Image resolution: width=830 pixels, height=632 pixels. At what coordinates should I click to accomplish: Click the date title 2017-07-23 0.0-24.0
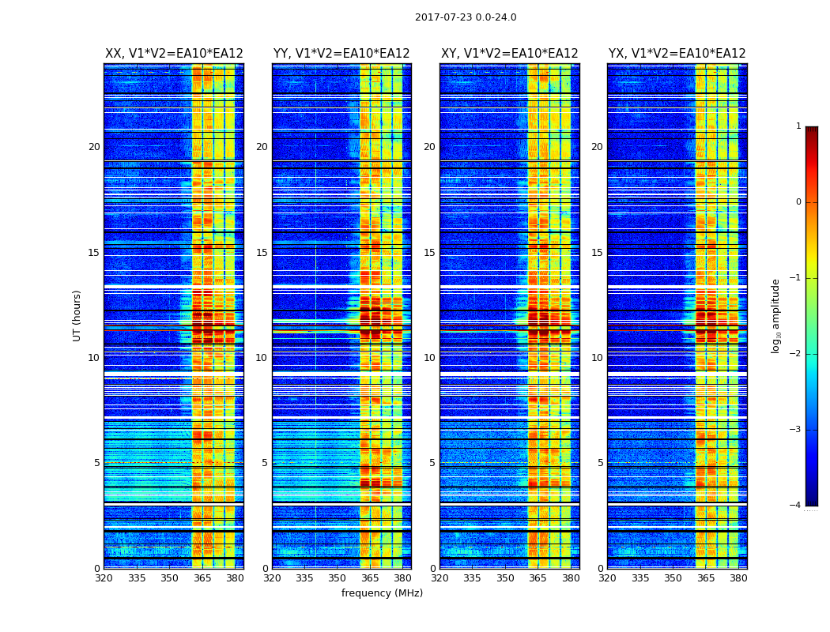(466, 17)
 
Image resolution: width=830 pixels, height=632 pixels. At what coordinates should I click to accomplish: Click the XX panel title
(174, 54)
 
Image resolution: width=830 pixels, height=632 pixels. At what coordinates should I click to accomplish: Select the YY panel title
(341, 54)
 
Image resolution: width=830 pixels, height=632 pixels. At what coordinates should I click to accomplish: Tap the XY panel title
(509, 54)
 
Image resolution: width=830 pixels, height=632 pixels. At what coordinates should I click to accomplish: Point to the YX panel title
(677, 54)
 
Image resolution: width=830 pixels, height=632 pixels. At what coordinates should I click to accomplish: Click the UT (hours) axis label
(77, 315)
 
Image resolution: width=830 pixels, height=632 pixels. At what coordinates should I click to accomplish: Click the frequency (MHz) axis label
(382, 593)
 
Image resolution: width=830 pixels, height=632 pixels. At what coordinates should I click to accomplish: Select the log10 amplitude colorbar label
(776, 315)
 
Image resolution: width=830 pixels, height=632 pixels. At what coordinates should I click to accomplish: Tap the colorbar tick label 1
(798, 126)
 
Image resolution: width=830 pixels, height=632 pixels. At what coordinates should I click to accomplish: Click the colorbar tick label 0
(798, 202)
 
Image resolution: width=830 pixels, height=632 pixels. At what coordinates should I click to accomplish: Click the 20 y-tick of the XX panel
(94, 147)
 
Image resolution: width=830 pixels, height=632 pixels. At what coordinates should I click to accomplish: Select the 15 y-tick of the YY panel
(262, 253)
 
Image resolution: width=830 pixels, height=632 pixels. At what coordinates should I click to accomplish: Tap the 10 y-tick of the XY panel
(429, 358)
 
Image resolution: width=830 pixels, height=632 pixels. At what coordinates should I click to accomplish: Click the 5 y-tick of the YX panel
(600, 463)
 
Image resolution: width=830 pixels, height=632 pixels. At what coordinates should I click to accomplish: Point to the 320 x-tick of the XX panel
(104, 578)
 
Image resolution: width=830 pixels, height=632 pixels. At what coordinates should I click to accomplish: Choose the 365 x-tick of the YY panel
(370, 578)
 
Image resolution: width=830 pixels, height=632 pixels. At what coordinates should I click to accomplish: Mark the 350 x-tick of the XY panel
(505, 578)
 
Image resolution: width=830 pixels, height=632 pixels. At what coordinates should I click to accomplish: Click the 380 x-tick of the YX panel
(738, 578)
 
